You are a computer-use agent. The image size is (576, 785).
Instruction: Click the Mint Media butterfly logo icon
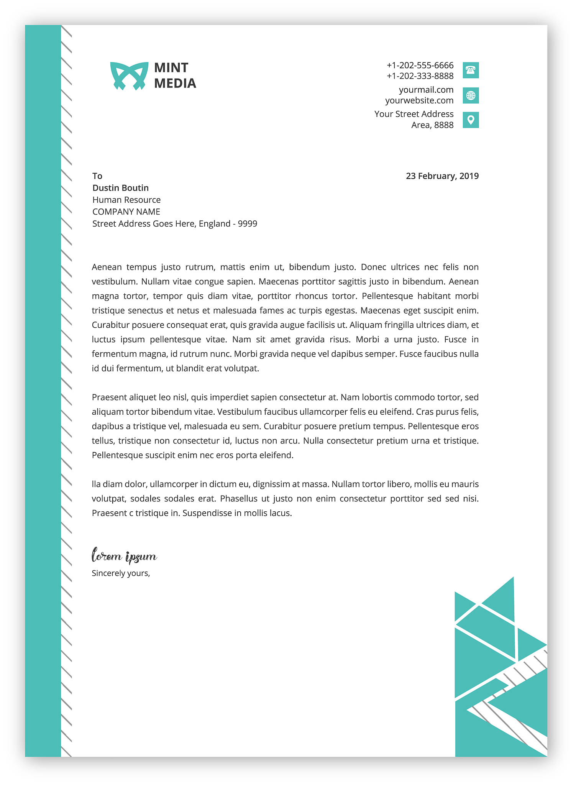click(129, 76)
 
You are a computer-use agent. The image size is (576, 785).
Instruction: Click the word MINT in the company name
click(171, 68)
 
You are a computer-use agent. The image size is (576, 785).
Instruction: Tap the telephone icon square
click(471, 70)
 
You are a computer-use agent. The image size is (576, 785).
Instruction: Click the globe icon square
click(471, 95)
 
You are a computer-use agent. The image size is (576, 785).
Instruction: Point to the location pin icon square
click(471, 120)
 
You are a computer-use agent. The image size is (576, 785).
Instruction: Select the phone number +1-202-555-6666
click(420, 65)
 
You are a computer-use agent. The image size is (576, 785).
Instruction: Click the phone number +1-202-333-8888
click(420, 76)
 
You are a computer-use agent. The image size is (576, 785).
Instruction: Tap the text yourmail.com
click(426, 90)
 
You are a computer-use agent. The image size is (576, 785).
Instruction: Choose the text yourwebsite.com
click(419, 100)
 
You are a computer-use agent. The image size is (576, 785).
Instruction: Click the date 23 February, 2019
click(442, 176)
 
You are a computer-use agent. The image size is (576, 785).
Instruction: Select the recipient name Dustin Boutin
click(120, 188)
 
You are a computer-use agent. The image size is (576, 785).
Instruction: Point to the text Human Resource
click(126, 200)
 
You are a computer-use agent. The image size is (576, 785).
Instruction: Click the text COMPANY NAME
click(126, 212)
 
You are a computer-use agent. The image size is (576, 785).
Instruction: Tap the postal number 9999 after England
click(248, 223)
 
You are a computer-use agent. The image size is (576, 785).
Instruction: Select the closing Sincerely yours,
click(121, 573)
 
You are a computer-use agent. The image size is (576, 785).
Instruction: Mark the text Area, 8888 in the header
click(432, 125)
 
